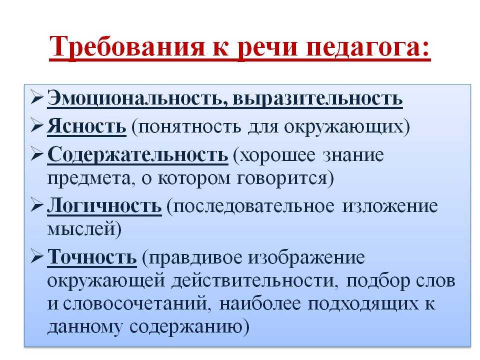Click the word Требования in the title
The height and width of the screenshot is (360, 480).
pyautogui.click(x=126, y=47)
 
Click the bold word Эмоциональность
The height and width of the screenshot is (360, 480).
pyautogui.click(x=137, y=98)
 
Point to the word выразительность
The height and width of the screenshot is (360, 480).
pyautogui.click(x=317, y=99)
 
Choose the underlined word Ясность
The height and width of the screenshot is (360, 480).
pyautogui.click(x=86, y=126)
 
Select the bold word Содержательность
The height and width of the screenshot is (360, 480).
pyautogui.click(x=138, y=154)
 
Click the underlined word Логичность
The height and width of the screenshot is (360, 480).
pyautogui.click(x=104, y=205)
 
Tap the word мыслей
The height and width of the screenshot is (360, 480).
pyautogui.click(x=81, y=229)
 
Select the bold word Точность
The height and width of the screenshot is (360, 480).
pyautogui.click(x=92, y=257)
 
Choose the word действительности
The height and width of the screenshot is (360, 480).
pyautogui.click(x=253, y=280)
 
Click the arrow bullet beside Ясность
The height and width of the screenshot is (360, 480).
pyautogui.click(x=36, y=126)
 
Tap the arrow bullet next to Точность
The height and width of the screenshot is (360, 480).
pyautogui.click(x=36, y=257)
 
